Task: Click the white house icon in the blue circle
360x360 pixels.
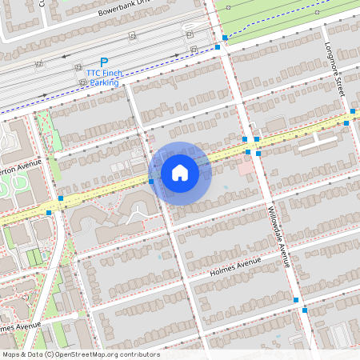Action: [x=180, y=173]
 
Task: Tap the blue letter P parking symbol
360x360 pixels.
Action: [x=104, y=62]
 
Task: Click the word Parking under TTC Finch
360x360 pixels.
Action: [x=104, y=82]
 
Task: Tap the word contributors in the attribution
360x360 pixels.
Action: [x=138, y=354]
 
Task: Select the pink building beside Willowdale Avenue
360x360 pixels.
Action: [x=244, y=166]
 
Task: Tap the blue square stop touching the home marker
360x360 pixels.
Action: [x=151, y=182]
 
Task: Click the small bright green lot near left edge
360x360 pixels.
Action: [x=34, y=257]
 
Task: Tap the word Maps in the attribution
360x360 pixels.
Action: [x=11, y=354]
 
